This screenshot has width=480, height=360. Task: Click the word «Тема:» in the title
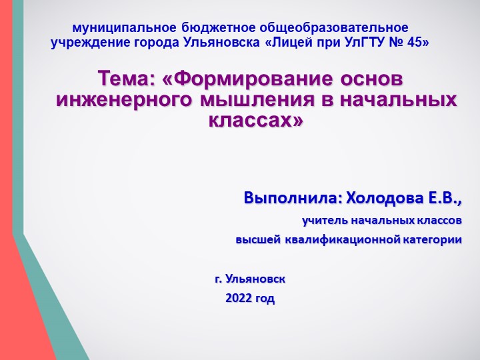click(x=127, y=79)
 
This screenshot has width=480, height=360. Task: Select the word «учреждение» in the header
click(x=85, y=43)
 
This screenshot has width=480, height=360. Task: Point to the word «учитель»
click(x=324, y=220)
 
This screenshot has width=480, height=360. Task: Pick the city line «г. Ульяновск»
click(x=250, y=278)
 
